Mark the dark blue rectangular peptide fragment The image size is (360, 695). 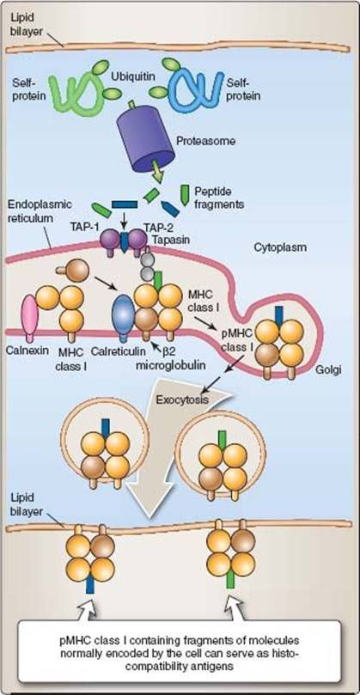125,204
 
